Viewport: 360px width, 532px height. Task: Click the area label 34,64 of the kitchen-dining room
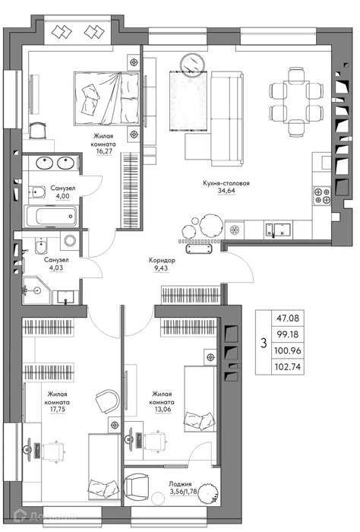(x=226, y=191)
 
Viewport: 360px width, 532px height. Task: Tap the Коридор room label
(x=162, y=261)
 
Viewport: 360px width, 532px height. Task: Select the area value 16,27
(x=104, y=151)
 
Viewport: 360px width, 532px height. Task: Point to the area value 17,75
(x=57, y=410)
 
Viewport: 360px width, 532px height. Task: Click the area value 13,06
(x=162, y=410)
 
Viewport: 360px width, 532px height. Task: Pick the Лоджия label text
(x=180, y=484)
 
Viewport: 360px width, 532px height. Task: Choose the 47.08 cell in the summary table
(x=288, y=318)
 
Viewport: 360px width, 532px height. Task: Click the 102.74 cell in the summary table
(x=288, y=367)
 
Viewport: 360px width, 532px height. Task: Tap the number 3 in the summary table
(x=264, y=343)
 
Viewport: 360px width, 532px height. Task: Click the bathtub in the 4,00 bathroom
(x=52, y=216)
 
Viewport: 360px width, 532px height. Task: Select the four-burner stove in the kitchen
(x=322, y=195)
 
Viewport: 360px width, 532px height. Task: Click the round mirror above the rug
(x=192, y=64)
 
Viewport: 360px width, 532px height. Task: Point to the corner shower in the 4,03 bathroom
(x=36, y=290)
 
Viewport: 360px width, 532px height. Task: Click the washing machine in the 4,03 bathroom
(x=70, y=241)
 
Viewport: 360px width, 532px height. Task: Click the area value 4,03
(x=56, y=268)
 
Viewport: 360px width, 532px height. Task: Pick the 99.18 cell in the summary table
(x=288, y=334)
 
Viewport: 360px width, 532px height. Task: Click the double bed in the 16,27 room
(x=106, y=98)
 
